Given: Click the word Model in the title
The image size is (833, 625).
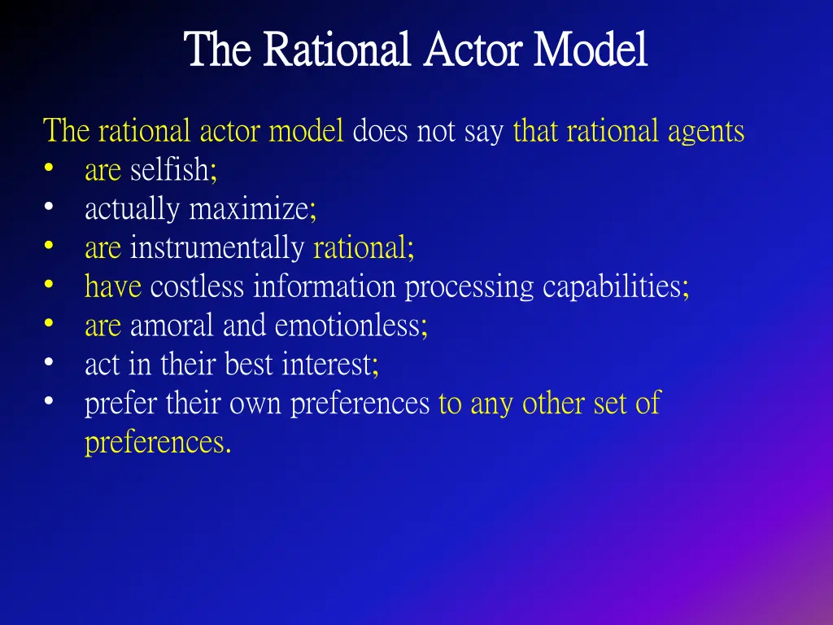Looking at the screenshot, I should [x=591, y=50].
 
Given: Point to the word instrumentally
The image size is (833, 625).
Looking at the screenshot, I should [x=217, y=248].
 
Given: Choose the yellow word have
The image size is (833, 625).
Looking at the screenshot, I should [x=113, y=286].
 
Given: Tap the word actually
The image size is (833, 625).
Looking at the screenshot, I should [x=133, y=209].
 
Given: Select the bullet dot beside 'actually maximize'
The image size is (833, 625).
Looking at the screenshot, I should [x=50, y=208].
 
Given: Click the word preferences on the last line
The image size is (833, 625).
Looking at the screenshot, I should [x=154, y=443].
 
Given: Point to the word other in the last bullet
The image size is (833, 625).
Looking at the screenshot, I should [x=552, y=404].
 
